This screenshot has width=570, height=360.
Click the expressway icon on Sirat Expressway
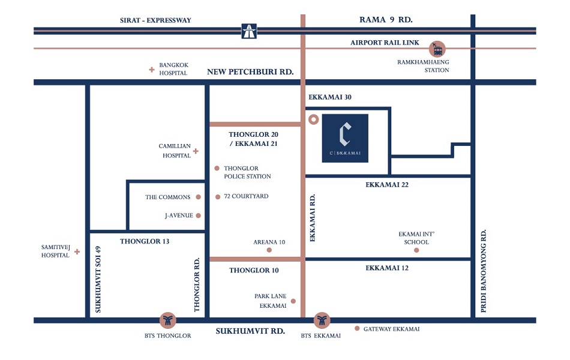[249, 31]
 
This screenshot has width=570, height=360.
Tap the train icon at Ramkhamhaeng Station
[437, 48]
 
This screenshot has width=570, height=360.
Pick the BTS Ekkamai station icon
[322, 320]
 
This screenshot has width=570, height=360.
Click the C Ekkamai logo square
[345, 138]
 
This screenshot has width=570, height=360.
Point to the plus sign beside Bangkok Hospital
[152, 70]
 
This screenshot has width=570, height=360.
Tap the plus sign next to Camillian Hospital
[196, 151]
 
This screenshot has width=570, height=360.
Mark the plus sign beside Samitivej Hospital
[77, 252]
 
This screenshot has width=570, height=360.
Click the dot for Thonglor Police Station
[217, 169]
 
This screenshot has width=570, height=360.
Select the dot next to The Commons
[197, 197]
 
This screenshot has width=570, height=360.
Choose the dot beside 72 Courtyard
[217, 197]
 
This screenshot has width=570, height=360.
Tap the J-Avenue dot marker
[198, 215]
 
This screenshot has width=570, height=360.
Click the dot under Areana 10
[269, 250]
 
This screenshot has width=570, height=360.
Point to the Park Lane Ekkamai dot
[293, 301]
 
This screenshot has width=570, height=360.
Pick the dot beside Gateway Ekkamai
[357, 328]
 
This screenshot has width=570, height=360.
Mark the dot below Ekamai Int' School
[416, 250]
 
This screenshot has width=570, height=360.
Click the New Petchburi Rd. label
[250, 72]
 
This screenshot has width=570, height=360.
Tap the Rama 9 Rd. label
[386, 20]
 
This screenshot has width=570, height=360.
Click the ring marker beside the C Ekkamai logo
[313, 119]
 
